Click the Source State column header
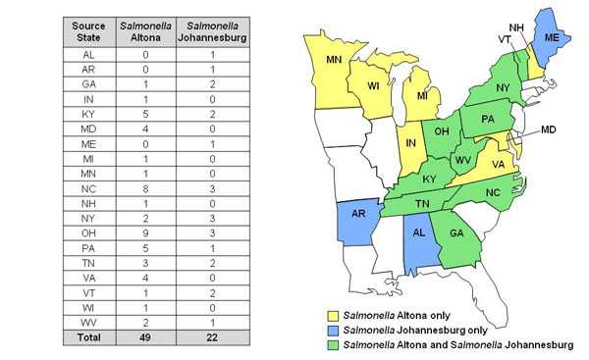click(x=89, y=30)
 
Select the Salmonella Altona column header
click(x=143, y=30)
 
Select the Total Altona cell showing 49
click(x=143, y=336)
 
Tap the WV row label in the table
click(x=89, y=321)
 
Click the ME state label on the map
click(x=552, y=35)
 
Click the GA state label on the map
click(x=455, y=234)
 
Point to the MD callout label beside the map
click(x=549, y=129)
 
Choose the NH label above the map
click(x=516, y=27)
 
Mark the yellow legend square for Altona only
click(x=332, y=316)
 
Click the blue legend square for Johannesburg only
click(x=332, y=331)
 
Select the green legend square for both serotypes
click(x=332, y=345)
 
